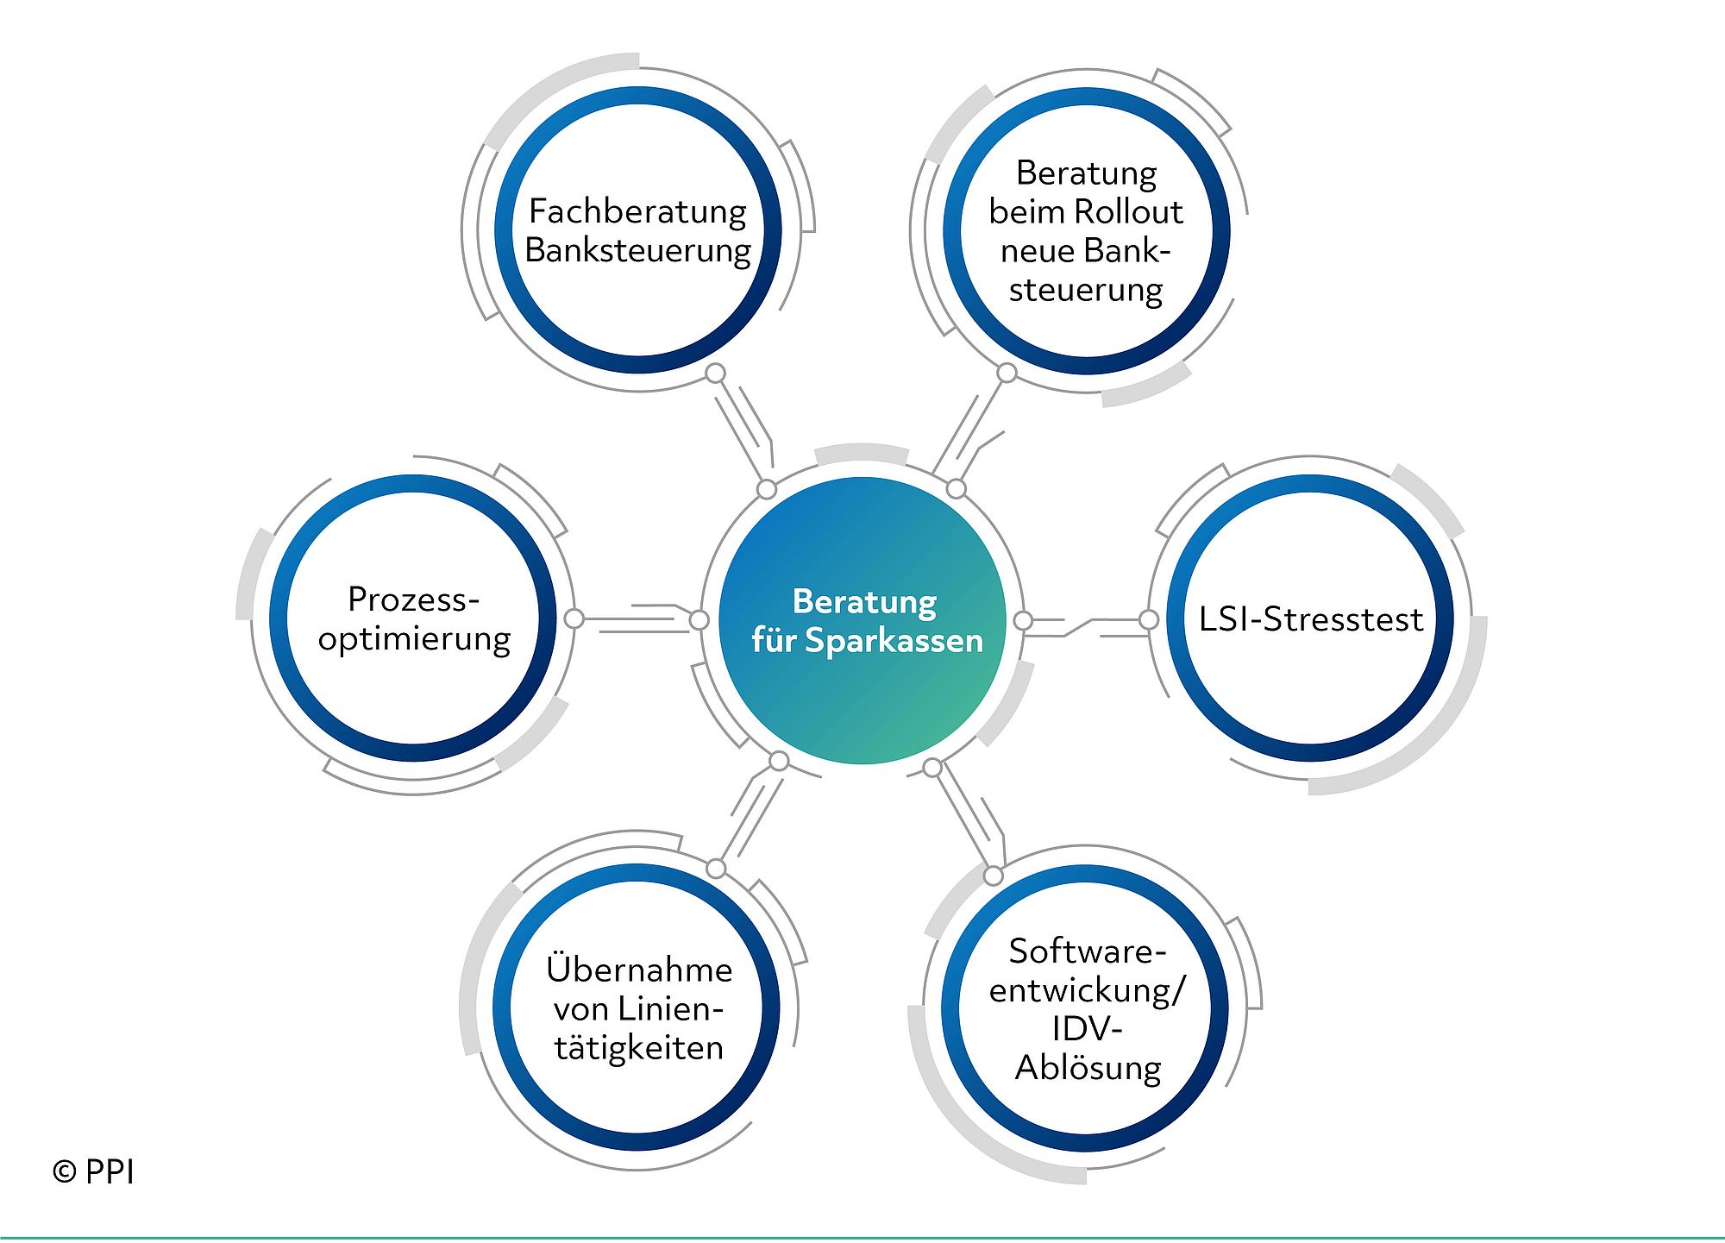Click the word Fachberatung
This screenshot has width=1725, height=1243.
pos(637,212)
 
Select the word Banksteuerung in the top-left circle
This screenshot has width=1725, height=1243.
pos(637,251)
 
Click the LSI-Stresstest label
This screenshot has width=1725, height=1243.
pos(1310,619)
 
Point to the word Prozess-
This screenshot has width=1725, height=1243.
pos(413,600)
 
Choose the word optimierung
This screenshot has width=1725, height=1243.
pos(414,639)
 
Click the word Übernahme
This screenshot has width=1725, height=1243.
pos(639,969)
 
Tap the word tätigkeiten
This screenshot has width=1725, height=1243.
pos(639,1048)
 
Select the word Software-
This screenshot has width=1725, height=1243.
pos(1088,951)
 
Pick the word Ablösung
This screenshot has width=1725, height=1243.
pos(1088,1069)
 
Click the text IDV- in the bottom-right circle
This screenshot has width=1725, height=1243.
pos(1087,1029)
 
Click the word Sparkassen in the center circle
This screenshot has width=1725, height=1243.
pos(894,641)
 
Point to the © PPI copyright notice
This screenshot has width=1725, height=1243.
pos(93,1171)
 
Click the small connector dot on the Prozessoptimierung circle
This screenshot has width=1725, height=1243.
pos(574,618)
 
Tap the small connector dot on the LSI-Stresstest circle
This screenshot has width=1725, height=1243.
pos(1148,619)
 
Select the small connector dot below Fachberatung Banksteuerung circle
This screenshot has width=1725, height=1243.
pos(715,374)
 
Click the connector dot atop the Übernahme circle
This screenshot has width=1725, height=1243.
pos(716,868)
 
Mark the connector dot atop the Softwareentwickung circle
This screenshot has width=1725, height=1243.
pos(994,876)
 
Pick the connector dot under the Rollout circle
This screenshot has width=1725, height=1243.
pos(1007,373)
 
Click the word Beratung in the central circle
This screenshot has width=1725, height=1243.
pos(864,602)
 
